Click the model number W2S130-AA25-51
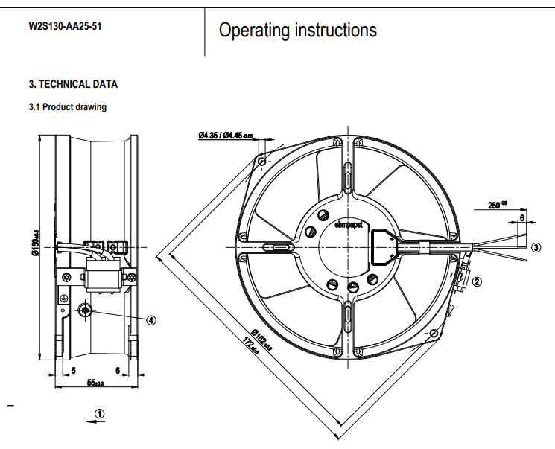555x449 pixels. (x=65, y=27)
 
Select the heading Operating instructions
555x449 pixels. (x=297, y=30)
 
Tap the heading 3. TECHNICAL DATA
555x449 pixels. (x=73, y=84)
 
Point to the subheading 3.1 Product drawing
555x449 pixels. (x=67, y=107)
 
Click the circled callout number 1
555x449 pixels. (x=100, y=413)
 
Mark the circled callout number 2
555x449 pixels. (x=478, y=281)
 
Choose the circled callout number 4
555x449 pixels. (x=151, y=320)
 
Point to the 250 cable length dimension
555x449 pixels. (x=497, y=206)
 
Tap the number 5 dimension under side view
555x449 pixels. (x=74, y=371)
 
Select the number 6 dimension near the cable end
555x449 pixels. (x=521, y=218)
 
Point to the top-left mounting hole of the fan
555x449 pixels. (x=261, y=160)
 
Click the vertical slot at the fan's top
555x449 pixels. (x=349, y=179)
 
